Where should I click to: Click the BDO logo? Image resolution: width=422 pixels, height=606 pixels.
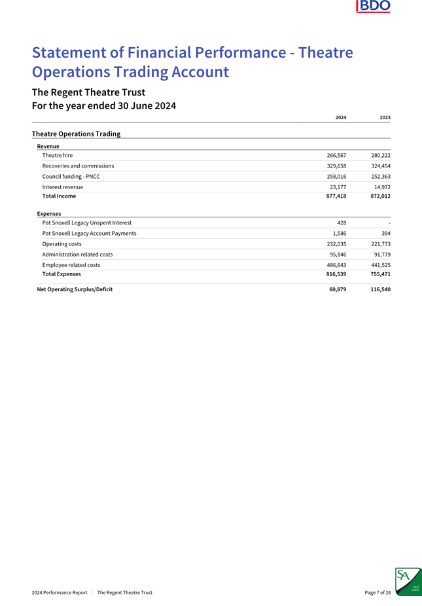pyautogui.click(x=373, y=7)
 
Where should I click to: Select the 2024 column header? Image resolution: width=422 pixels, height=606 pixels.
pyautogui.click(x=340, y=117)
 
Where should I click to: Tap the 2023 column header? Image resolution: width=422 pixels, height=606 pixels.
pyautogui.click(x=385, y=117)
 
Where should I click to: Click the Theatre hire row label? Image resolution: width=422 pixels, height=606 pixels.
pyautogui.click(x=58, y=156)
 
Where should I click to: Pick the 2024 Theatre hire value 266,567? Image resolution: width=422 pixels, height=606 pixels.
pyautogui.click(x=336, y=156)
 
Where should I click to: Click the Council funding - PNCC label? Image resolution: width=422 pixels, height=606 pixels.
pyautogui.click(x=71, y=177)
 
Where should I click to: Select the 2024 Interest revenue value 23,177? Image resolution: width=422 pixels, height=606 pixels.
pyautogui.click(x=338, y=187)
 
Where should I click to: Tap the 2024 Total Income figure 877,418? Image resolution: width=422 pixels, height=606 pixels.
pyautogui.click(x=336, y=196)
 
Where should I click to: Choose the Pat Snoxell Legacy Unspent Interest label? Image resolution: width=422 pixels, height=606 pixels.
pyautogui.click(x=86, y=223)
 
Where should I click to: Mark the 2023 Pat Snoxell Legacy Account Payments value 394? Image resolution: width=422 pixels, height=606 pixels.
pyautogui.click(x=385, y=233)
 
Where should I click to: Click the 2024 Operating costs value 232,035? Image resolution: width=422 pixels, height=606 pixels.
pyautogui.click(x=336, y=243)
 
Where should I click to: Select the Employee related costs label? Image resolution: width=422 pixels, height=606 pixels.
pyautogui.click(x=71, y=264)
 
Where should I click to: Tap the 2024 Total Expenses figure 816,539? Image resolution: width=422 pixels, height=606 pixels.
pyautogui.click(x=336, y=274)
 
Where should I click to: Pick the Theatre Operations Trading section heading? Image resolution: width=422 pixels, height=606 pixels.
pyautogui.click(x=76, y=134)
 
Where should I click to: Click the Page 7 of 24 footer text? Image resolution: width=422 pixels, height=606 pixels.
pyautogui.click(x=378, y=593)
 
